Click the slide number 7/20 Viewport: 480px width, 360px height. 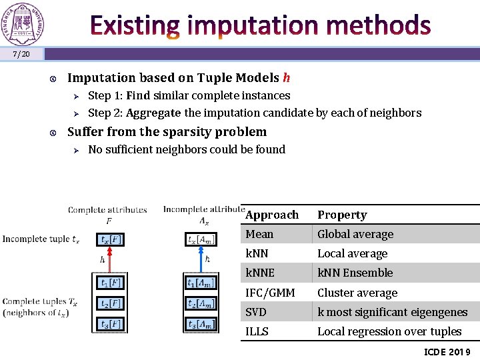[x=21, y=54]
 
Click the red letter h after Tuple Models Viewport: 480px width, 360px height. [x=286, y=78]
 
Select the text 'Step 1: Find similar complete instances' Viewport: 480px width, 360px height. [x=189, y=95]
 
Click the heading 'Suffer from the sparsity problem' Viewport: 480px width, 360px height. [x=167, y=132]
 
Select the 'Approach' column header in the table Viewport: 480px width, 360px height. [x=272, y=215]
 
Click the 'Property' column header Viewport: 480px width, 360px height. [x=342, y=215]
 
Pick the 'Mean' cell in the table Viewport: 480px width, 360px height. [x=259, y=234]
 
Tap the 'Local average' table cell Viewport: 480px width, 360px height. [x=352, y=253]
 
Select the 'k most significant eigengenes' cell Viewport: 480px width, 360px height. [x=392, y=312]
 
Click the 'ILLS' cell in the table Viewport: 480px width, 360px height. [x=257, y=331]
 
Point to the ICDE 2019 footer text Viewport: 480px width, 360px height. [x=447, y=351]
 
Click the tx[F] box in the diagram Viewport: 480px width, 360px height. [x=110, y=239]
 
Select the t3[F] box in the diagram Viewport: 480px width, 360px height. [x=110, y=324]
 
